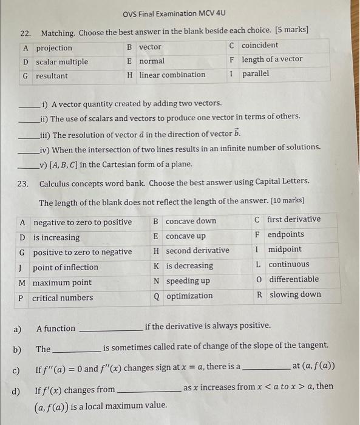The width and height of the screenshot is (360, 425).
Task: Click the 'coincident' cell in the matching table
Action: coord(260,46)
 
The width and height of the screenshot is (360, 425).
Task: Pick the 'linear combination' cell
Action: coord(172,75)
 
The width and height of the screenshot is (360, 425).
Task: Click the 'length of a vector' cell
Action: coord(271,59)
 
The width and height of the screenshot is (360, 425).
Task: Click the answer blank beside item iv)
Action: coord(29,151)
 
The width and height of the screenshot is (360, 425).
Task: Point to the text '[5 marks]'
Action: coord(291,30)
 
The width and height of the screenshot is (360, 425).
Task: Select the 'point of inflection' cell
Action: coord(66,267)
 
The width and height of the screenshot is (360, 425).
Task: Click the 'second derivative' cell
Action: coord(197,250)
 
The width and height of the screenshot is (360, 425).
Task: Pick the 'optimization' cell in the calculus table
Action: coord(189,296)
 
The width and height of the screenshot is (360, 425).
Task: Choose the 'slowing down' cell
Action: coord(294,294)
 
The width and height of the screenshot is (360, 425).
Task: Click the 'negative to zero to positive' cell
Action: coord(83,222)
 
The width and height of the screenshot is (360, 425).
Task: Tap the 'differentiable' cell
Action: coord(293,279)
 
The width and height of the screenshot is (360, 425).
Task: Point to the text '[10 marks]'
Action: coord(284,200)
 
